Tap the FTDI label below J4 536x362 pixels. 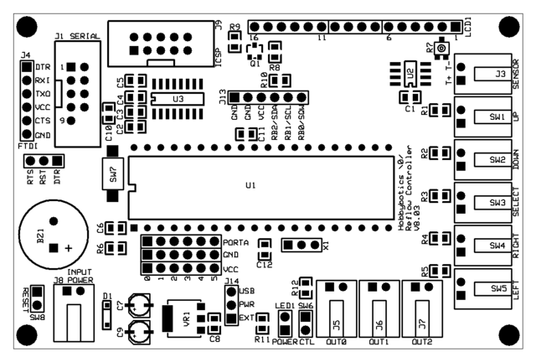pyautogui.click(x=26, y=145)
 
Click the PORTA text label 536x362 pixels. pyautogui.click(x=238, y=242)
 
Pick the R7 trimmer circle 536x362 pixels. pyautogui.click(x=441, y=51)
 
